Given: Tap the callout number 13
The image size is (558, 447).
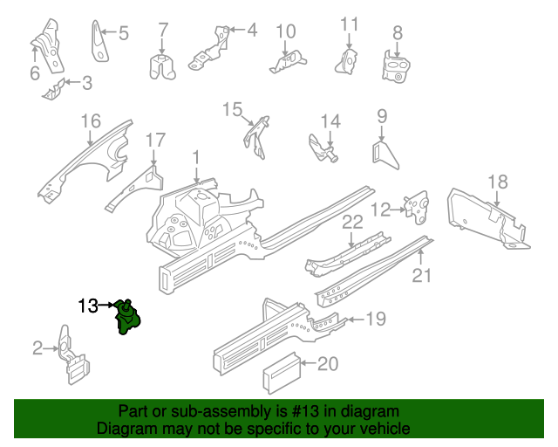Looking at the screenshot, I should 88,306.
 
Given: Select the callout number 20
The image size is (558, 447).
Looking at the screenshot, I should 326,364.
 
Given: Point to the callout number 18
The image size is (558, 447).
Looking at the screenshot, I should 496,182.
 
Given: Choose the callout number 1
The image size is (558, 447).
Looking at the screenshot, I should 196,157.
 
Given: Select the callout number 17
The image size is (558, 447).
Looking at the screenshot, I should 154,140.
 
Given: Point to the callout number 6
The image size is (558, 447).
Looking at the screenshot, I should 35,74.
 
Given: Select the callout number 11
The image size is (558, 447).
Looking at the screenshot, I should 349,24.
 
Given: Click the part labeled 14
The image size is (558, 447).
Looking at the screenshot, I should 324,148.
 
